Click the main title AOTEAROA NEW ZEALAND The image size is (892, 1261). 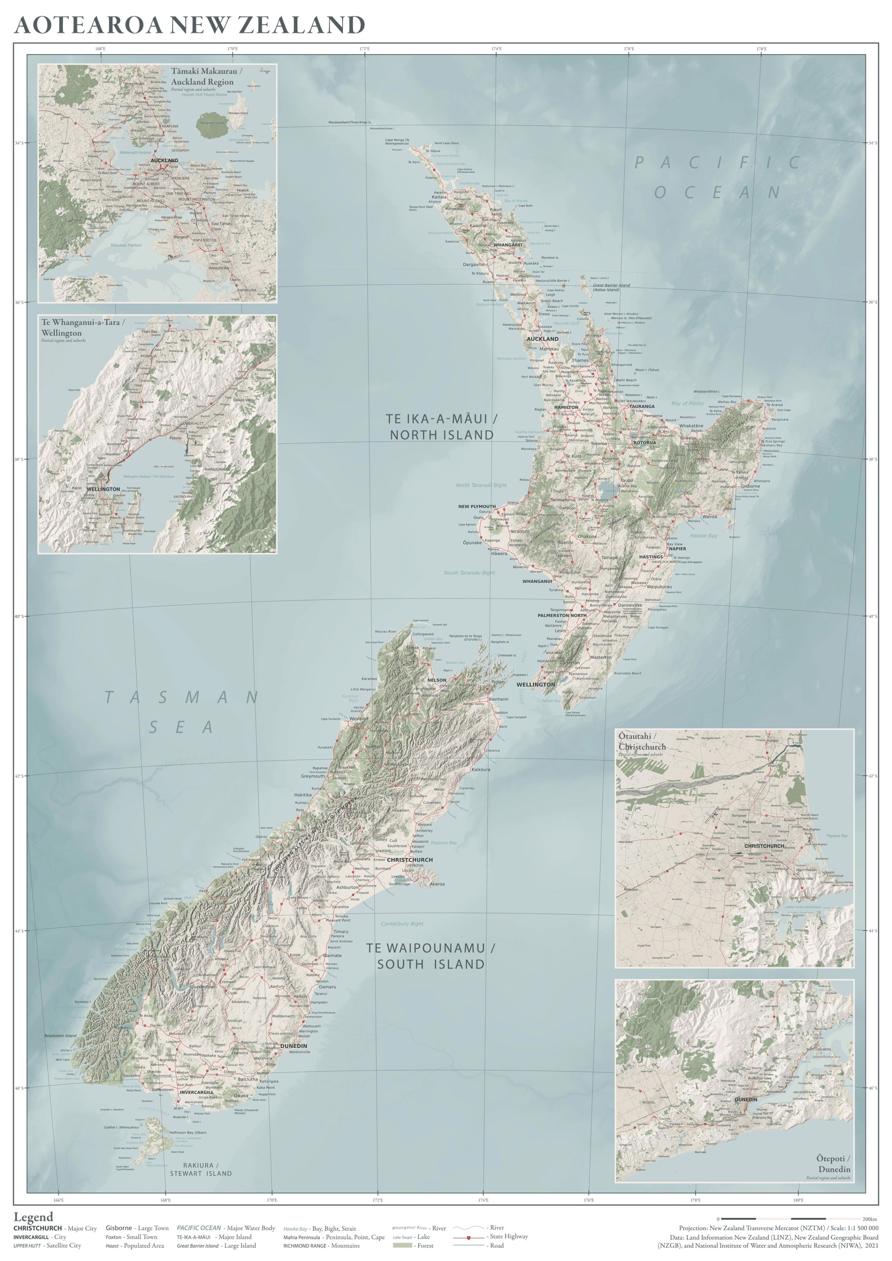tap(190, 25)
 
